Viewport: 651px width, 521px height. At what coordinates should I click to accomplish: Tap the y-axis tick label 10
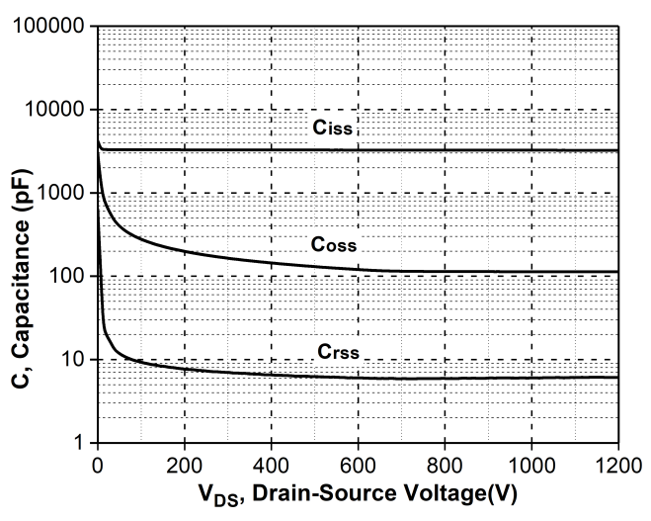pyautogui.click(x=73, y=360)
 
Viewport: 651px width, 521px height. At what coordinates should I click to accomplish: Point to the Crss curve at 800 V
pyautogui.click(x=445, y=378)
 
